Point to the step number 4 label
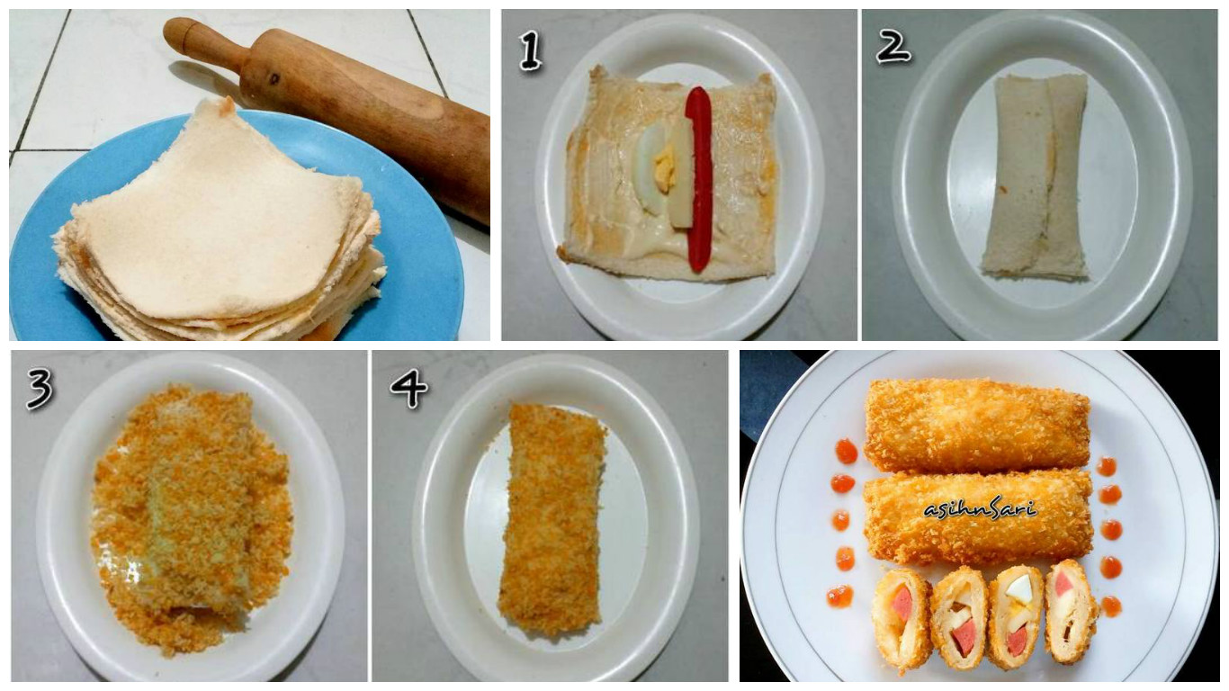click(x=408, y=388)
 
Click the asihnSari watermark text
click(x=980, y=508)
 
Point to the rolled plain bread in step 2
click(x=1036, y=175)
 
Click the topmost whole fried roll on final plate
click(x=976, y=425)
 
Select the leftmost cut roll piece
click(x=902, y=616)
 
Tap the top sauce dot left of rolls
click(x=846, y=451)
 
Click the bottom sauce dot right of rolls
click(x=1111, y=606)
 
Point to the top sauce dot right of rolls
click(x=1107, y=466)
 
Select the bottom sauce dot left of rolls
click(x=839, y=596)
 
